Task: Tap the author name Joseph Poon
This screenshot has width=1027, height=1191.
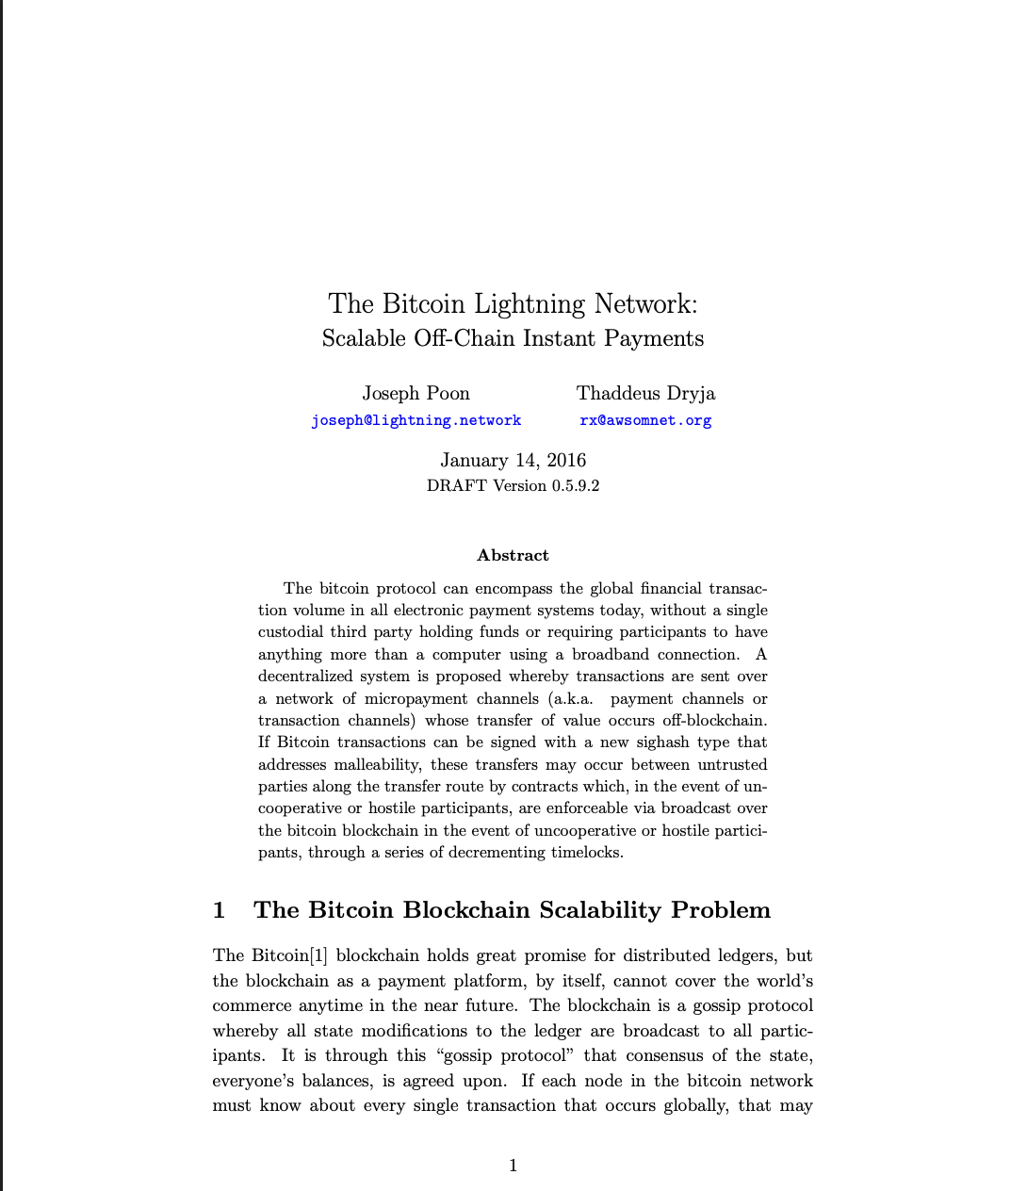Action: [x=416, y=393]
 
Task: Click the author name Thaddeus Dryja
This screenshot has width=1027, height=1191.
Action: [x=645, y=393]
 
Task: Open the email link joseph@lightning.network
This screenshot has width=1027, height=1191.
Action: [x=416, y=420]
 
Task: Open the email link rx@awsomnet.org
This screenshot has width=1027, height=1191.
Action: [x=645, y=420]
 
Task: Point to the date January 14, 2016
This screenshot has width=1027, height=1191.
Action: [x=513, y=460]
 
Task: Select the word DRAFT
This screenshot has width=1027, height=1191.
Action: [x=457, y=485]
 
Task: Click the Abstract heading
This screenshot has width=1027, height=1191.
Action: [x=513, y=555]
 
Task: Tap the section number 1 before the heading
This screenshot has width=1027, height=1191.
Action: [x=220, y=910]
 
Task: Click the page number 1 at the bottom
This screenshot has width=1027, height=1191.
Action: [x=513, y=1166]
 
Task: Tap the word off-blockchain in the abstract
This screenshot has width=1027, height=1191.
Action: [x=714, y=720]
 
